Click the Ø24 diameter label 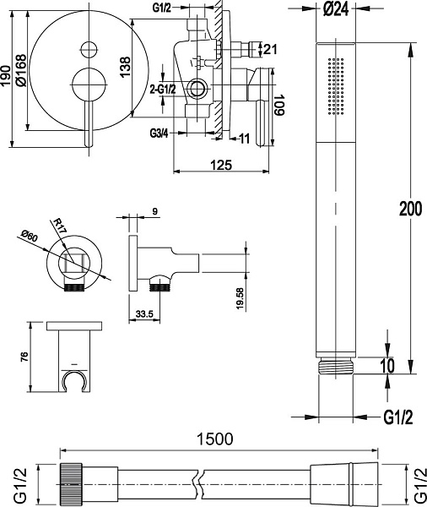click(336, 8)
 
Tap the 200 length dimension click(410, 209)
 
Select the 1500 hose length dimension click(215, 439)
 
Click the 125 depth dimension click(221, 165)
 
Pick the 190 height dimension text click(5, 76)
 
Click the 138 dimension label click(126, 67)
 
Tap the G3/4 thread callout click(159, 133)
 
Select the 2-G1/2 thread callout click(164, 89)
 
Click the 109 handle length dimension click(278, 105)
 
